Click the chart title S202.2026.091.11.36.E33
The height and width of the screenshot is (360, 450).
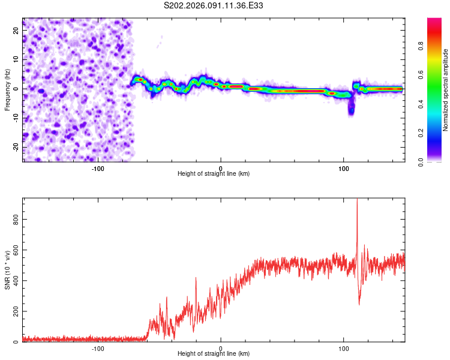[x=214, y=5]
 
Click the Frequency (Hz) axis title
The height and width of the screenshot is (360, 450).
[x=7, y=89]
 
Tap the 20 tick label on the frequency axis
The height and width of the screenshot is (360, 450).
[x=16, y=30]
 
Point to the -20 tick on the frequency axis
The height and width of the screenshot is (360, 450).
[x=16, y=147]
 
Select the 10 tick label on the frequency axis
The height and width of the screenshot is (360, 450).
[x=16, y=59]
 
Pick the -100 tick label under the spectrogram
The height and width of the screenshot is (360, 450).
[x=98, y=169]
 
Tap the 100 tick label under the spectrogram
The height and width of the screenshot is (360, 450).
[x=344, y=169]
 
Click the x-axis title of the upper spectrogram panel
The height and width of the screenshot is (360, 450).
[x=214, y=174]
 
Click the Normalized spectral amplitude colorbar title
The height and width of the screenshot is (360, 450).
[x=446, y=90]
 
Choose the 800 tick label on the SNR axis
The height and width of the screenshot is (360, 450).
[x=16, y=220]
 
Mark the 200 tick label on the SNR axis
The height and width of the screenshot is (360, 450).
[x=16, y=311]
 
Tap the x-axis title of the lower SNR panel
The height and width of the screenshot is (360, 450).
[x=214, y=354]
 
